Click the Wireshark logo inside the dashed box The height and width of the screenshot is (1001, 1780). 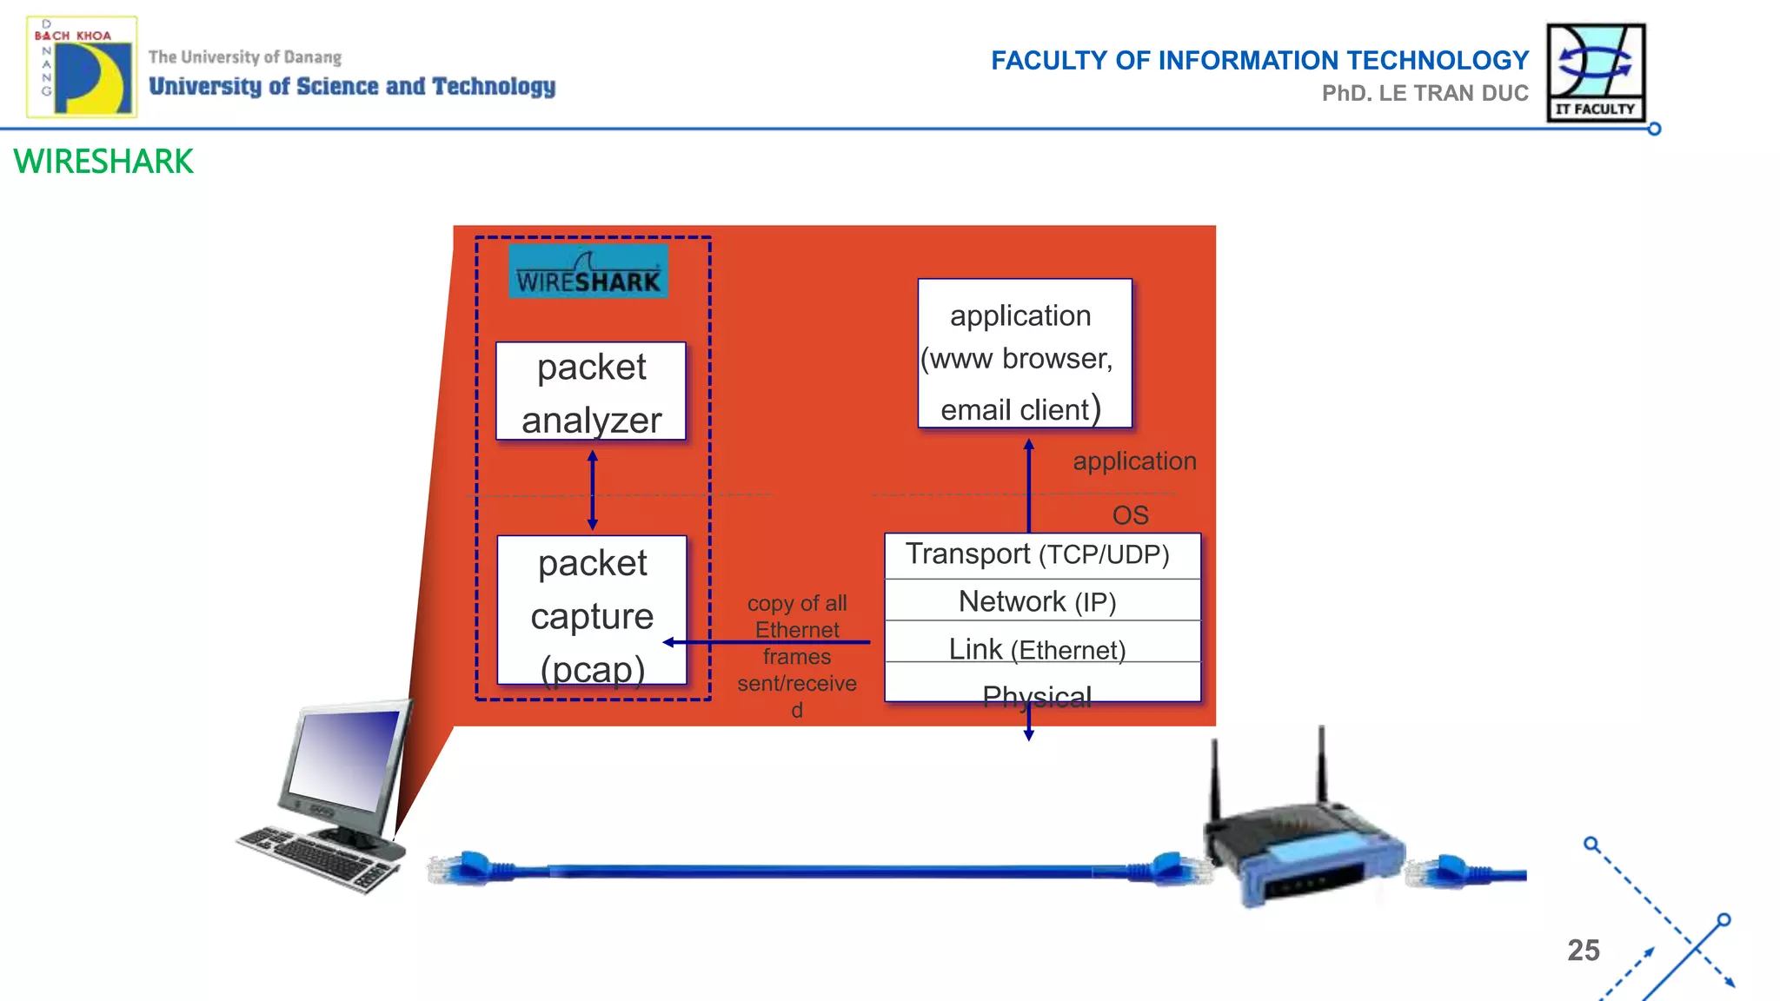click(588, 271)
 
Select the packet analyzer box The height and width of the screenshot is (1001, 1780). click(591, 392)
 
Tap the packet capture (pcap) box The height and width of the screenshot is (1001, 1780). click(592, 611)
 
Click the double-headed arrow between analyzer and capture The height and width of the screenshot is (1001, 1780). click(593, 490)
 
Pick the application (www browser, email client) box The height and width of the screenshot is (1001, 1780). click(1025, 354)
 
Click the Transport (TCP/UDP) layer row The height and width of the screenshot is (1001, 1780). click(1041, 555)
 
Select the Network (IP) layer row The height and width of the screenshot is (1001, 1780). click(1041, 600)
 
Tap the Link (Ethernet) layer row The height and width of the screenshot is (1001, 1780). click(1041, 648)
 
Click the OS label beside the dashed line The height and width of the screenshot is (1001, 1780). click(1130, 515)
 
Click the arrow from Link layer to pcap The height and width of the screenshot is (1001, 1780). click(765, 642)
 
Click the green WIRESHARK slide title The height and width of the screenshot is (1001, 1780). click(103, 162)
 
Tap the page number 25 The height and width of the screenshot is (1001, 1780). click(1583, 950)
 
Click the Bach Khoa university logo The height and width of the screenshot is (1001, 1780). click(82, 68)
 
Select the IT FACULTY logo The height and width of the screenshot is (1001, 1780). click(1596, 72)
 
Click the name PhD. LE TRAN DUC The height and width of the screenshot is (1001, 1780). click(1425, 93)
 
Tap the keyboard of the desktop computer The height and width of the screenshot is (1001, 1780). click(317, 858)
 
